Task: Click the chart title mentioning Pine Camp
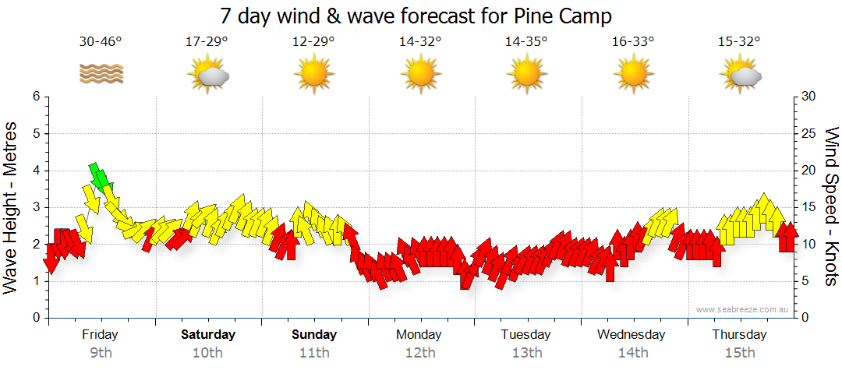point(416,16)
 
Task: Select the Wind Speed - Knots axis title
point(831,206)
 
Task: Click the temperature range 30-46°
point(101,42)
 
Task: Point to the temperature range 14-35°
point(526,42)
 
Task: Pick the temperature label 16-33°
point(632,42)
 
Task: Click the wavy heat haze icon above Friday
point(101,74)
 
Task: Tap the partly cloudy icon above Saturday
point(207,76)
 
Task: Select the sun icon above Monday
point(420,75)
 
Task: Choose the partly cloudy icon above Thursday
point(739,76)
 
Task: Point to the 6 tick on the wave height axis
point(35,97)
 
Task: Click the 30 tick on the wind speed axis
point(808,97)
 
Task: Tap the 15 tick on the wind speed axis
point(808,207)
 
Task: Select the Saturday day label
point(208,335)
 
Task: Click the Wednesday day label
point(631,335)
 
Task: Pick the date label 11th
point(314,353)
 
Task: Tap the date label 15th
point(739,353)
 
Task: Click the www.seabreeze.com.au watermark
point(743,309)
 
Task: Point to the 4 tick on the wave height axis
point(35,171)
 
